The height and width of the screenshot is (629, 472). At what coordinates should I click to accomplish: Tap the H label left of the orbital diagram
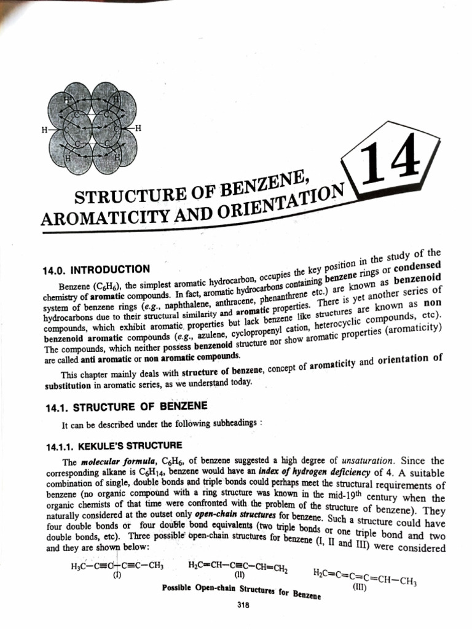(x=44, y=130)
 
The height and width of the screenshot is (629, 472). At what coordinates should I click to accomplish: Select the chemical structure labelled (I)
(x=117, y=566)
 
